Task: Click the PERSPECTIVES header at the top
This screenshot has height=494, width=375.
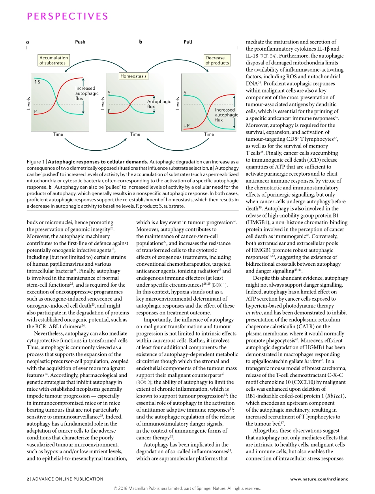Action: (67, 16)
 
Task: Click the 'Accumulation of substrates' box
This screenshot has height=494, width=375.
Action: (54, 60)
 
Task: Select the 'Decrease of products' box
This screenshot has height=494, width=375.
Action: (217, 60)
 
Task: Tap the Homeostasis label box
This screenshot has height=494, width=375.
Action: (133, 76)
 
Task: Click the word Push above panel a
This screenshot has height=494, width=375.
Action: (80, 42)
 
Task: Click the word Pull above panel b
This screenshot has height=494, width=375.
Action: (188, 42)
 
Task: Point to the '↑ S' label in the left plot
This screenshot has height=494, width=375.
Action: (37, 82)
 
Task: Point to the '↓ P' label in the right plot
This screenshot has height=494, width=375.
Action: (186, 126)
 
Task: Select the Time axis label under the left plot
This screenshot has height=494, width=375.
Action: (58, 134)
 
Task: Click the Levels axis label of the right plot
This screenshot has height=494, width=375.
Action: (178, 104)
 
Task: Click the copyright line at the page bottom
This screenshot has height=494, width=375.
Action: (187, 488)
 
